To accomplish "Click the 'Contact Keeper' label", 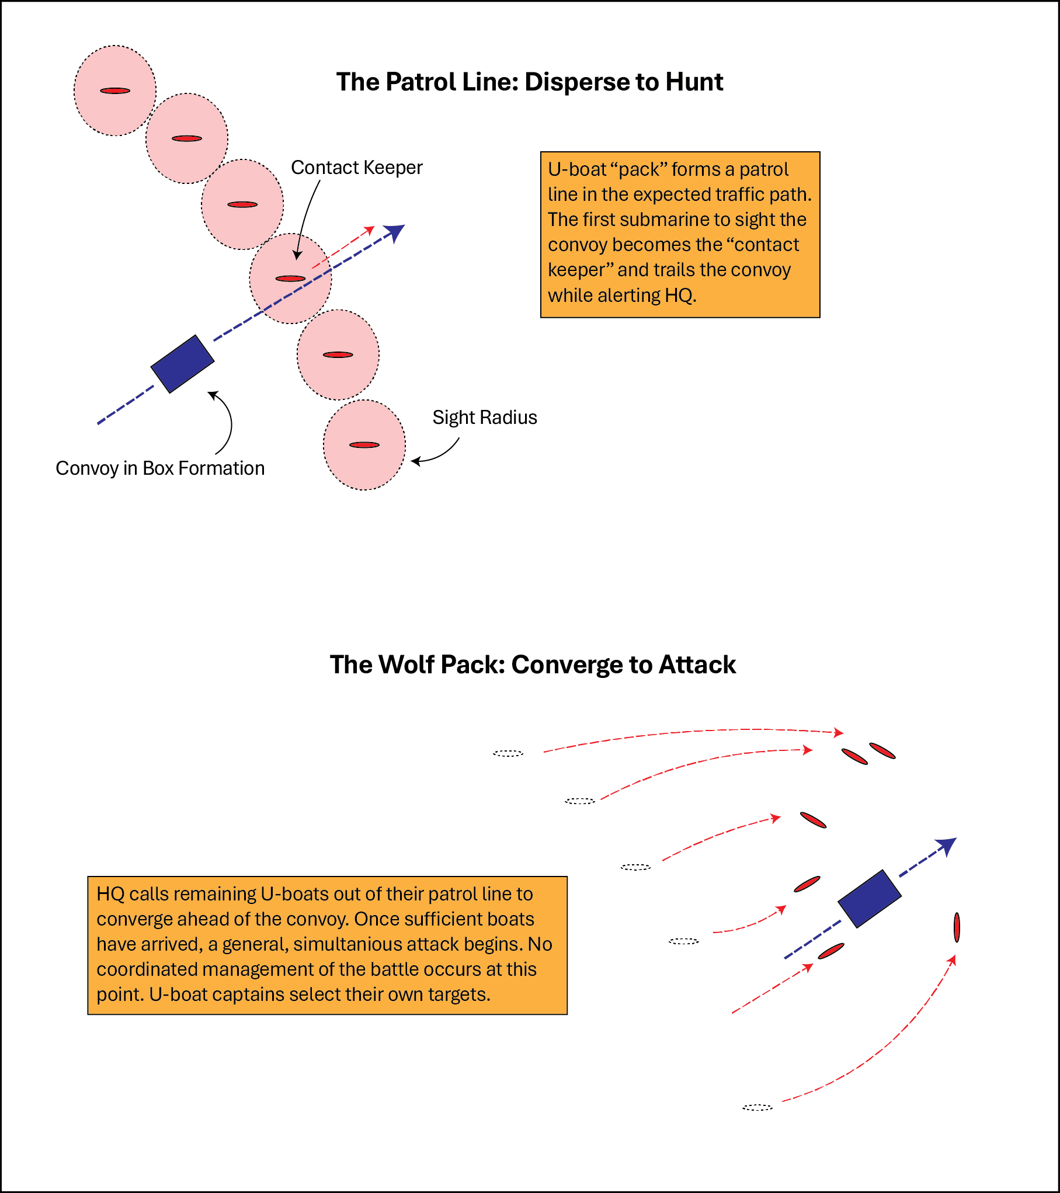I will (356, 168).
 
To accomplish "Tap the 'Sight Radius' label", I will (484, 418).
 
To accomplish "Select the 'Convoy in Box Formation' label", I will (160, 468).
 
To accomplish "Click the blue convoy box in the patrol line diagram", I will (182, 364).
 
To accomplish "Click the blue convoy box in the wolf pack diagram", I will (870, 899).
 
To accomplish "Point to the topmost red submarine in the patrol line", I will (115, 91).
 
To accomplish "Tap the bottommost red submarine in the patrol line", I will (364, 445).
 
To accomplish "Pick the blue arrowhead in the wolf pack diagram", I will (947, 845).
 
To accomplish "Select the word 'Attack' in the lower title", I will (697, 665).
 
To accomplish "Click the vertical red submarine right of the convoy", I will (957, 927).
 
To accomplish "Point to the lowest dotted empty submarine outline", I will (757, 1107).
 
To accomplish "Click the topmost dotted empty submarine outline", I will (508, 753).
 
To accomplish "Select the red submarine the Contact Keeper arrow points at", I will (290, 279).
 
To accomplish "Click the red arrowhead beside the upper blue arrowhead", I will (370, 229).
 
